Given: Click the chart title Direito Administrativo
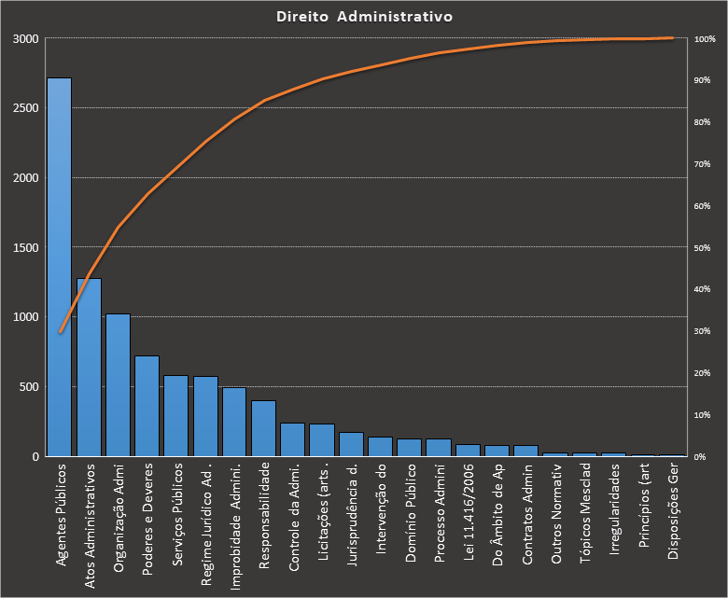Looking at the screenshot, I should [x=365, y=17].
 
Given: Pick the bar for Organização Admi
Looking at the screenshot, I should [x=118, y=385].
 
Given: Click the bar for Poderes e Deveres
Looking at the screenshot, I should [x=147, y=406].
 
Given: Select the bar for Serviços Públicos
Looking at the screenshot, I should [x=176, y=416].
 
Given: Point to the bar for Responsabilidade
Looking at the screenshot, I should [x=264, y=428].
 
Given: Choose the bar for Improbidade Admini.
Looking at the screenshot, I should [x=234, y=422].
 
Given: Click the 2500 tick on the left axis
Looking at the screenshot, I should [x=25, y=108].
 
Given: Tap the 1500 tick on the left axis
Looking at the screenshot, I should [x=25, y=247].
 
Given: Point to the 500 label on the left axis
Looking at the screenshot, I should [x=28, y=387].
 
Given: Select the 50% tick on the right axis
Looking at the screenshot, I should [x=705, y=248].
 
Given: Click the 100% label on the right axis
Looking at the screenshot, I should [x=706, y=39].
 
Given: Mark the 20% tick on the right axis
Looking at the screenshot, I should [x=705, y=373].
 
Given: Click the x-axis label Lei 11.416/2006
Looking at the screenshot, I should [x=468, y=515].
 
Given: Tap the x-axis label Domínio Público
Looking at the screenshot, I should [x=410, y=514].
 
